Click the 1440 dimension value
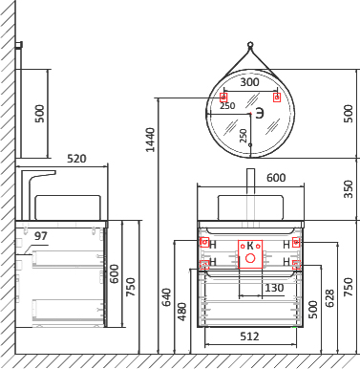pos(150,140)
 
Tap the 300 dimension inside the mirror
pos(249,82)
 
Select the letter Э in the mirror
pos(260,113)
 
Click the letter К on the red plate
pos(250,246)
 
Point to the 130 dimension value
pos(274,288)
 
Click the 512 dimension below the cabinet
pos(249,336)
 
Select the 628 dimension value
pos(329,298)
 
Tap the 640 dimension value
pos(167,297)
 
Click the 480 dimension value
pos(182,312)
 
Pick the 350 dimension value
pos(349,189)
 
